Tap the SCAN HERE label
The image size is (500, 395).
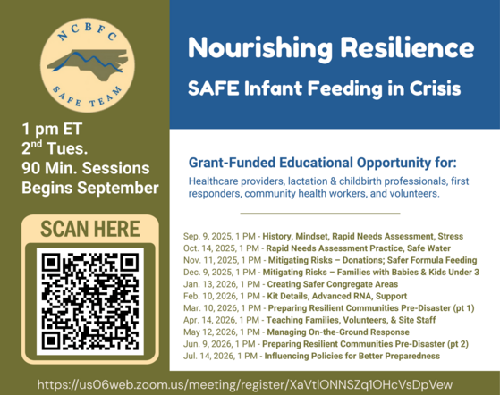(88, 229)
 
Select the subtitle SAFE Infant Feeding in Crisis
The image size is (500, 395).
(323, 89)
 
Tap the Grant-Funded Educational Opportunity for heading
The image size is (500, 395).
(322, 164)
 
